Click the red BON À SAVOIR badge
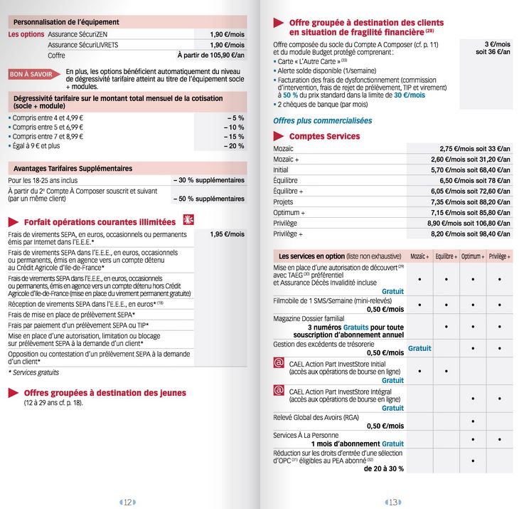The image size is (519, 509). (x=31, y=73)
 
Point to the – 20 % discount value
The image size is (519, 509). (x=235, y=146)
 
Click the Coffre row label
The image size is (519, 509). (x=56, y=55)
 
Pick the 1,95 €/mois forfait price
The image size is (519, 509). (x=227, y=233)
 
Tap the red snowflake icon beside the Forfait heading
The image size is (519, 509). (x=188, y=220)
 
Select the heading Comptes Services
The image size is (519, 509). (x=324, y=136)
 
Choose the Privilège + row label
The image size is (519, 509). (x=288, y=233)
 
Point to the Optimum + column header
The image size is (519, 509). (x=473, y=256)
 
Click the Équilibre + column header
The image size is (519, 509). (x=446, y=256)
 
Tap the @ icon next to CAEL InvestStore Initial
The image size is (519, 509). (x=279, y=364)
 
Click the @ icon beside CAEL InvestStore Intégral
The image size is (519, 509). (x=279, y=391)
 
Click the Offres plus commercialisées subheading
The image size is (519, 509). (x=322, y=120)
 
